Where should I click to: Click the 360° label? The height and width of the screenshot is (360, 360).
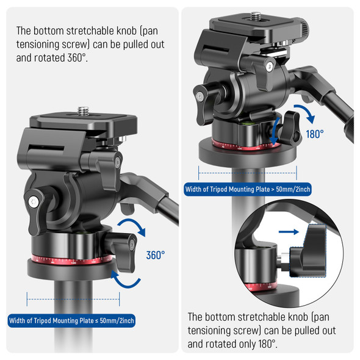[x=155, y=254]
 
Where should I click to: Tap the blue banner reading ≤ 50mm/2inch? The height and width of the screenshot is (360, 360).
[x=71, y=320]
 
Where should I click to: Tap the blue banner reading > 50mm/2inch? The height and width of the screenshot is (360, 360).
[x=248, y=189]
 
